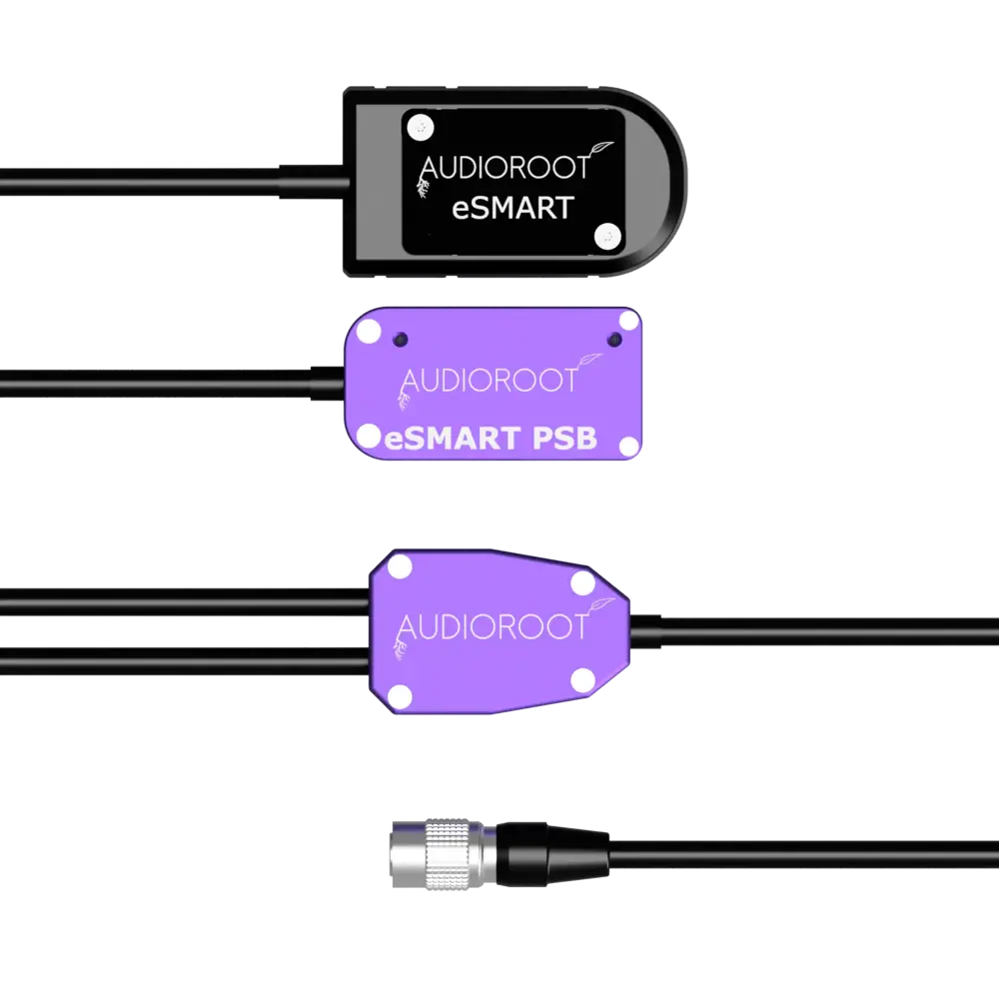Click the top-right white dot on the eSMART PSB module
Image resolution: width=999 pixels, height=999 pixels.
point(627,320)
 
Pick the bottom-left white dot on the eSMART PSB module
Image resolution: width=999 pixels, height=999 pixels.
point(369,436)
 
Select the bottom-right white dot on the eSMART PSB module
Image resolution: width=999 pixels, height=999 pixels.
point(627,445)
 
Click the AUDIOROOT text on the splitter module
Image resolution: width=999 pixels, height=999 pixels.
point(493,626)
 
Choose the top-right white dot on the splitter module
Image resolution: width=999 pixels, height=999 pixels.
point(581,581)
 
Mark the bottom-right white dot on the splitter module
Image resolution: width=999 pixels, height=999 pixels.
point(581,679)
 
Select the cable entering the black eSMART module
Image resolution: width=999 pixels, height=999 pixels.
point(170,182)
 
